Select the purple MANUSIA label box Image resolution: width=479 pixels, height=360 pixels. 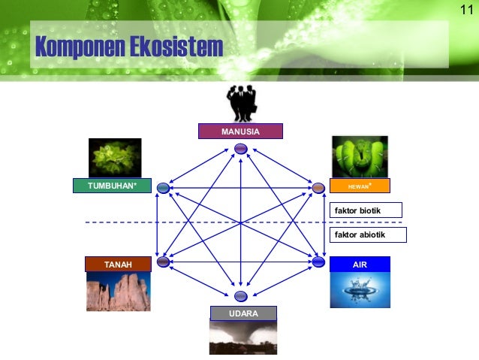click(x=240, y=132)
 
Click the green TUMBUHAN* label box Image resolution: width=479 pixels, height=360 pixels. click(x=112, y=186)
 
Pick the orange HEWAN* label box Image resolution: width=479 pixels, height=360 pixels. click(x=360, y=186)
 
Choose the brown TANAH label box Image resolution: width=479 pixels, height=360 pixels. click(x=118, y=265)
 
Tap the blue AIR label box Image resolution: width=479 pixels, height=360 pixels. click(x=360, y=265)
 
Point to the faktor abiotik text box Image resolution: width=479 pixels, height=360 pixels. click(x=367, y=234)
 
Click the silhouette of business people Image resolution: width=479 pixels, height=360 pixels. click(x=241, y=104)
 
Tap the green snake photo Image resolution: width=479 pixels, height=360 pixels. click(x=360, y=156)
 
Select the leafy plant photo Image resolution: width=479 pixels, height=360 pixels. click(x=115, y=158)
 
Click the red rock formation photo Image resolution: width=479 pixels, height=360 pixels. click(x=118, y=291)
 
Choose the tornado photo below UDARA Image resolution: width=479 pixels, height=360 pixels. click(x=243, y=337)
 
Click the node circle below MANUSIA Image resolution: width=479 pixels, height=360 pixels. click(x=240, y=148)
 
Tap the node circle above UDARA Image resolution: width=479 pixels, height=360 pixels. click(x=240, y=296)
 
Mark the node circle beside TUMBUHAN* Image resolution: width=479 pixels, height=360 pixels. click(x=163, y=188)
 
